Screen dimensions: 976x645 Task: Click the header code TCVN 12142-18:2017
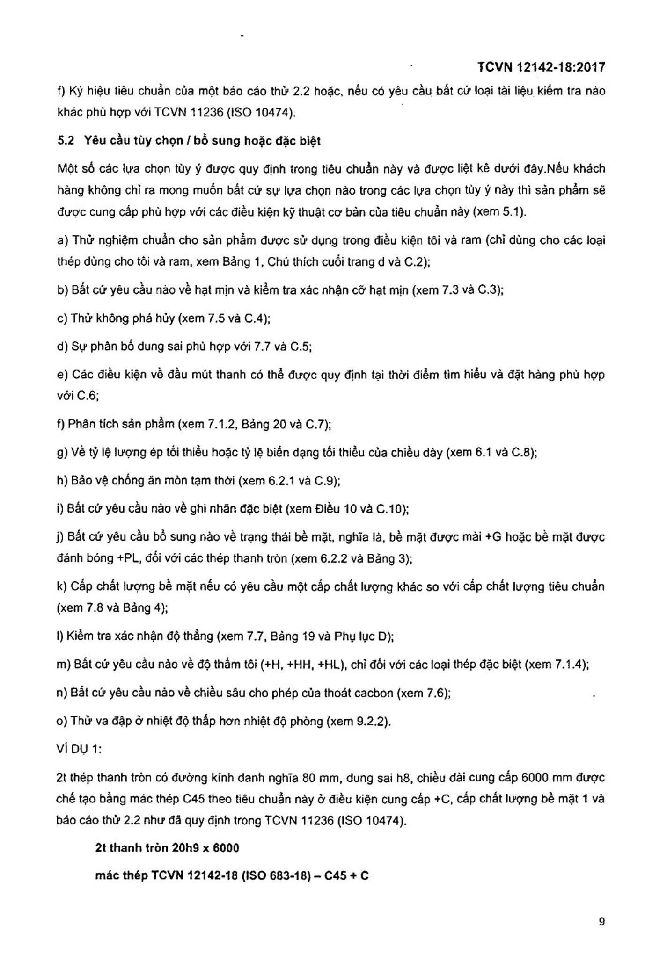click(x=541, y=67)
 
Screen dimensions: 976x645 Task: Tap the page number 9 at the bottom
click(x=601, y=922)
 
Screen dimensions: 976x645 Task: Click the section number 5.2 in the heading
click(x=66, y=141)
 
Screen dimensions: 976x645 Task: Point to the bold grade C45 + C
click(x=346, y=875)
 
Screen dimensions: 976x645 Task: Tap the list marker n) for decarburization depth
click(x=61, y=693)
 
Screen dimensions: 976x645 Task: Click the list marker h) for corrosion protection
click(x=61, y=481)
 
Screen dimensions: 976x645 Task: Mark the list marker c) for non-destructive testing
click(x=61, y=318)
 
